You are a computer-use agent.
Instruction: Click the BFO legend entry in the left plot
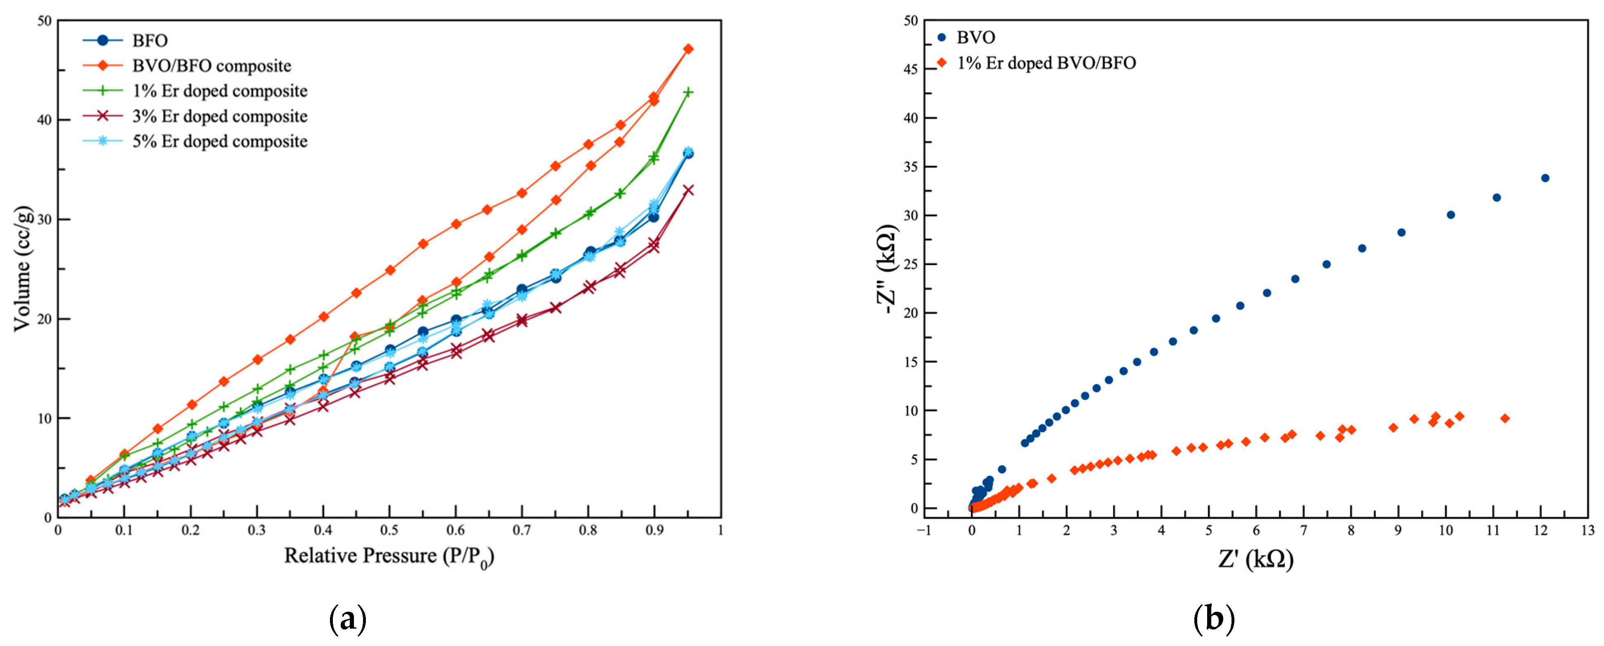pos(149,40)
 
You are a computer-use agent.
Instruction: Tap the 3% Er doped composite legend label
pos(219,116)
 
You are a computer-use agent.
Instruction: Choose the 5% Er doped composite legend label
pos(219,141)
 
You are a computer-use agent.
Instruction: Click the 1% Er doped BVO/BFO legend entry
pos(1046,63)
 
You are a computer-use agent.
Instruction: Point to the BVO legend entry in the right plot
pos(975,37)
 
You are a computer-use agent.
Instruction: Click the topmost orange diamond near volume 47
pos(688,49)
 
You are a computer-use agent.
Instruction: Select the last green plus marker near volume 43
pos(688,92)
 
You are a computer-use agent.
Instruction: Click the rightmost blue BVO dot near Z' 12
pos(1545,178)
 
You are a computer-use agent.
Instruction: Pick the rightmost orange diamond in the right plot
pos(1505,419)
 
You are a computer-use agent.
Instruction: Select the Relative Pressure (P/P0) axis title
pos(389,556)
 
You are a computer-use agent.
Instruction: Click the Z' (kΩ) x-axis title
pos(1255,559)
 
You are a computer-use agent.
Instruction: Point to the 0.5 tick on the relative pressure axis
pos(389,530)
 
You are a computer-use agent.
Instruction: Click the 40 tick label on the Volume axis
pos(44,120)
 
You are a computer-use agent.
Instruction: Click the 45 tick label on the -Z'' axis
pos(910,69)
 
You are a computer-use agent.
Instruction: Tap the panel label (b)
pos(1214,619)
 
